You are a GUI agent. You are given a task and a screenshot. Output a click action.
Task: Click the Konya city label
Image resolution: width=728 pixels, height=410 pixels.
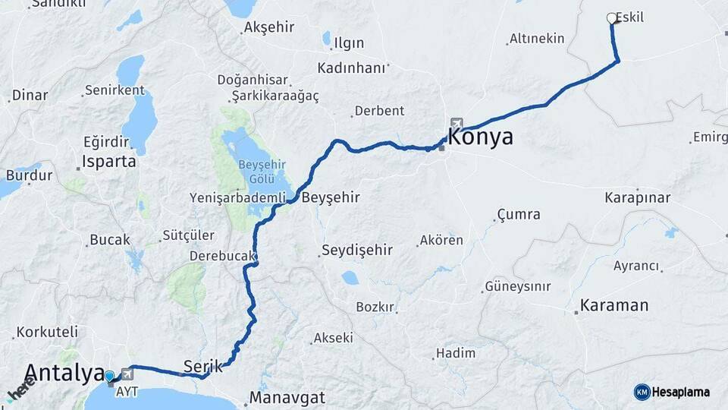tap(481, 137)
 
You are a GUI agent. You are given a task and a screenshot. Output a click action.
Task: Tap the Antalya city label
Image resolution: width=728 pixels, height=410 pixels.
tap(64, 373)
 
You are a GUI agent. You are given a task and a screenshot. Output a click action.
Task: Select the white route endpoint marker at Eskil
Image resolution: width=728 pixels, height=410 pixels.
tap(612, 18)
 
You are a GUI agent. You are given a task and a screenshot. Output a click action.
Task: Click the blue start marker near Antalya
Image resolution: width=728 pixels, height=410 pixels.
tap(110, 376)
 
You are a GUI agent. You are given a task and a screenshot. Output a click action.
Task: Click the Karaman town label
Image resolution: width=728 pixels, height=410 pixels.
tap(614, 306)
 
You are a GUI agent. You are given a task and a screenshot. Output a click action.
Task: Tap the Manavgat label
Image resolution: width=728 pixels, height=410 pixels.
tap(287, 398)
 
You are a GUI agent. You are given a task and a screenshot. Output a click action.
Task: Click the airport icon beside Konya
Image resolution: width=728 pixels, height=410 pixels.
tap(456, 123)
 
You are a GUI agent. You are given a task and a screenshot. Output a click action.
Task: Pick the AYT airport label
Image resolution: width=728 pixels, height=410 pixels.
tap(127, 393)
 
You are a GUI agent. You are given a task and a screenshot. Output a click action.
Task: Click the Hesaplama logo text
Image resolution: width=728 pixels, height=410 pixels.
tap(681, 393)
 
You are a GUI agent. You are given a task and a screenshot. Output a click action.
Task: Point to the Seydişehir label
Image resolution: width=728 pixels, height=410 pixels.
tap(356, 250)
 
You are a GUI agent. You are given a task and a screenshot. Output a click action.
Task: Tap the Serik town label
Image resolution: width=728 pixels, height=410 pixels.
tap(203, 366)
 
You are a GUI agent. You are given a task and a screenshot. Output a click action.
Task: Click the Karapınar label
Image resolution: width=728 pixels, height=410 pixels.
tap(638, 198)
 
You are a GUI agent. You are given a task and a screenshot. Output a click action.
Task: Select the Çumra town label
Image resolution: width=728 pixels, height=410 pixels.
tap(519, 215)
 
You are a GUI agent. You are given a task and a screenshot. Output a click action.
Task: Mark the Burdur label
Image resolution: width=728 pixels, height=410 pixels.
tap(29, 175)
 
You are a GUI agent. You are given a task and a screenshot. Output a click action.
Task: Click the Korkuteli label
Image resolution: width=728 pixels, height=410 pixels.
tap(47, 332)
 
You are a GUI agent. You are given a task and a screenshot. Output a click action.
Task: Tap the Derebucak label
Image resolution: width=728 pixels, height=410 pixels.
tap(221, 256)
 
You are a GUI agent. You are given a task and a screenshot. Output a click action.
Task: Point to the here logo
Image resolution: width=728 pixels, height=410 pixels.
tap(21, 387)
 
